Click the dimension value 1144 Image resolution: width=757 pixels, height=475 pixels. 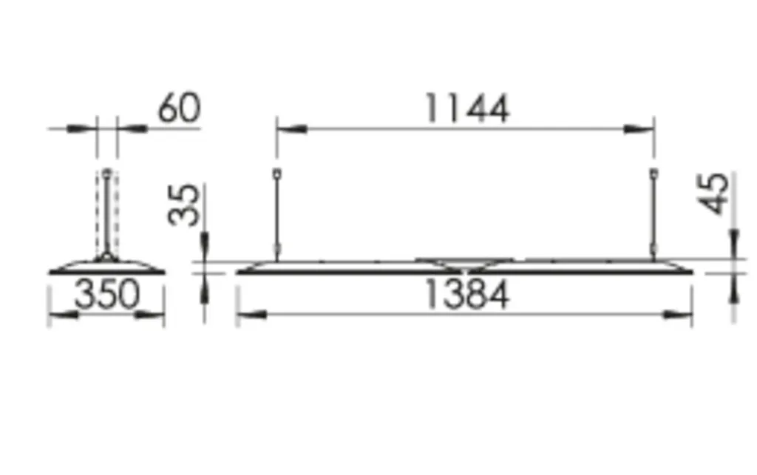467,109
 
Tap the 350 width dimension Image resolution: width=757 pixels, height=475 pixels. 107,294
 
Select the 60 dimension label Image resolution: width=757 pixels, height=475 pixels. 179,108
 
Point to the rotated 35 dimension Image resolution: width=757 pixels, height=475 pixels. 183,205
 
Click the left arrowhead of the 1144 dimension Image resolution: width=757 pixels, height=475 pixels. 291,129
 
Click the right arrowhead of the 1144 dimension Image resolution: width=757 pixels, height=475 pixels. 639,129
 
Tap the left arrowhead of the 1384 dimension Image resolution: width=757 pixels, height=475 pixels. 252,315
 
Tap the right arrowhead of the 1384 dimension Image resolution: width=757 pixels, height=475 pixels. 677,315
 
